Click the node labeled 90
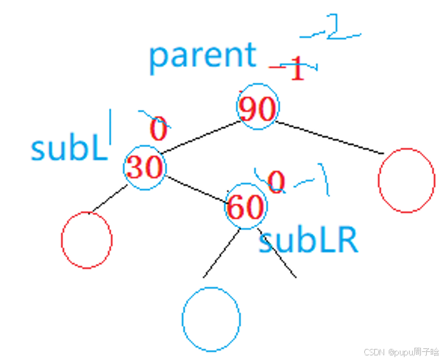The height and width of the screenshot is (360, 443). click(258, 108)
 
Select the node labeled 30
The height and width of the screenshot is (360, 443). click(145, 168)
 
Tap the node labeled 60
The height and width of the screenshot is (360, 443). click(246, 206)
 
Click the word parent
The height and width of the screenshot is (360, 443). click(202, 55)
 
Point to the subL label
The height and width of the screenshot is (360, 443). click(69, 149)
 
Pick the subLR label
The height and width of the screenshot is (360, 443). click(308, 240)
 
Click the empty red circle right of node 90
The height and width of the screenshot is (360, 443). click(406, 180)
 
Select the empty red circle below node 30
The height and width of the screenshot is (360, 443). click(86, 240)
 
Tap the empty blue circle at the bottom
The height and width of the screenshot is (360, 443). click(211, 319)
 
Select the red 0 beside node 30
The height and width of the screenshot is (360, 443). click(159, 129)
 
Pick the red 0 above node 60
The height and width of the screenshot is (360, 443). click(276, 183)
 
